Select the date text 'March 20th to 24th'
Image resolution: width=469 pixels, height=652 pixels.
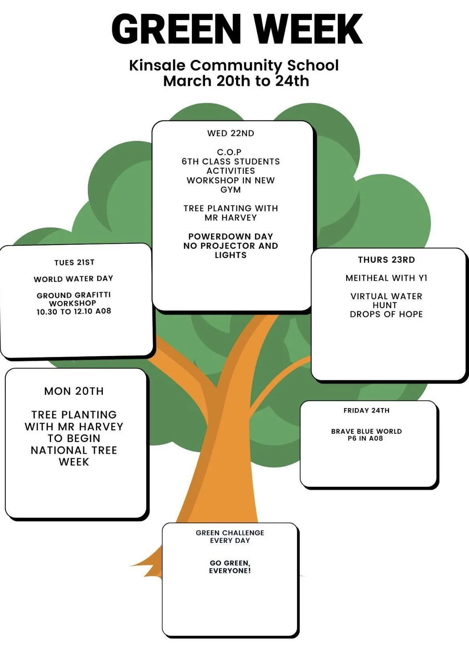[x=236, y=81]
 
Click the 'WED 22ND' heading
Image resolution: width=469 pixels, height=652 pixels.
[x=231, y=133]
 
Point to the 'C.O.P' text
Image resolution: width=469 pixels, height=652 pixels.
[x=229, y=152]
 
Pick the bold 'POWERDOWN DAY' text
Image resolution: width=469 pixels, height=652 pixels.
[x=231, y=236]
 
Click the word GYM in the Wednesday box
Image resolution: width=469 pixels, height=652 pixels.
[x=231, y=190]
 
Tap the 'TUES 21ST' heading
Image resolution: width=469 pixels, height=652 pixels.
[x=74, y=262]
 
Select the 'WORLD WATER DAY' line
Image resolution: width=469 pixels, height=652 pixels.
[x=73, y=279]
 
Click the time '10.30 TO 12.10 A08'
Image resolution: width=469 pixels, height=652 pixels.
[x=74, y=311]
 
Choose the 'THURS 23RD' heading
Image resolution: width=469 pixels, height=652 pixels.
[x=386, y=260]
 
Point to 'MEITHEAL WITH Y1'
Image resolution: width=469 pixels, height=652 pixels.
[x=386, y=278]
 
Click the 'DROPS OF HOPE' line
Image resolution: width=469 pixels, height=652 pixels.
[x=386, y=314]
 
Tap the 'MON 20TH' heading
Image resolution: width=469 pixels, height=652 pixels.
[x=74, y=391]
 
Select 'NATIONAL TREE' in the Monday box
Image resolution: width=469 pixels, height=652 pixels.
[x=74, y=450]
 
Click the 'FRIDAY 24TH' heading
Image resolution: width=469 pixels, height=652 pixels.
[x=366, y=410]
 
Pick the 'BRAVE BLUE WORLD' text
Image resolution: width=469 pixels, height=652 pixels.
[x=366, y=431]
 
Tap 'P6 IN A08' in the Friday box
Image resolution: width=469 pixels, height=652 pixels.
[x=365, y=439]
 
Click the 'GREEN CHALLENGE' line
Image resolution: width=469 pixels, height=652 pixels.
[x=230, y=533]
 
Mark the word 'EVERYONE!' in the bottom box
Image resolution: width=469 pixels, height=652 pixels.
[x=230, y=571]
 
